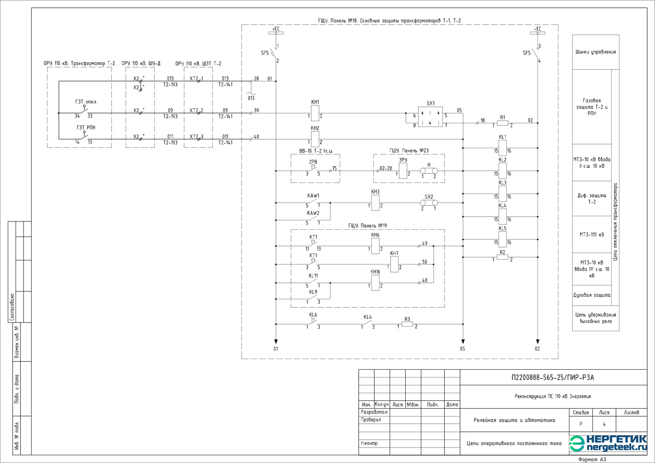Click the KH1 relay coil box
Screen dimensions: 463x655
(315, 113)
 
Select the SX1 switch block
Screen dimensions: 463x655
(430, 117)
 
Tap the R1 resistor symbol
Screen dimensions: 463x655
(502, 123)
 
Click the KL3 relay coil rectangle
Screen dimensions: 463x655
(502, 194)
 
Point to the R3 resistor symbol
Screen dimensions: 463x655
(407, 324)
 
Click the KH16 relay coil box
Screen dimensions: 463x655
(375, 283)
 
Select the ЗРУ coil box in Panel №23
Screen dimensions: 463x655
(403, 171)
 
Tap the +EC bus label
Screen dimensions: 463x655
(276, 29)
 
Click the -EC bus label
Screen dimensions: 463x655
(538, 29)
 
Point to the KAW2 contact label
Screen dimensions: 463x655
(313, 213)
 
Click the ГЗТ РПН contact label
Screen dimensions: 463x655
(86, 128)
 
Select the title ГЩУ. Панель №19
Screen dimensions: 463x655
(367, 226)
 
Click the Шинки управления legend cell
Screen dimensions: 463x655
(595, 52)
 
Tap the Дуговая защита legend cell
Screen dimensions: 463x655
(592, 295)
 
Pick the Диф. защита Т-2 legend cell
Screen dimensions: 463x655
(592, 199)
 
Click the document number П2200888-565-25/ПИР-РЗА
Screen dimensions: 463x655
(553, 377)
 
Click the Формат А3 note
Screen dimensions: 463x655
(592, 459)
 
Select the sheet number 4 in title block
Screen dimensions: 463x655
(604, 424)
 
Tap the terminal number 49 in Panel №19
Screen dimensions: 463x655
(425, 243)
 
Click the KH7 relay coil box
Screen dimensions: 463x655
(394, 264)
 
